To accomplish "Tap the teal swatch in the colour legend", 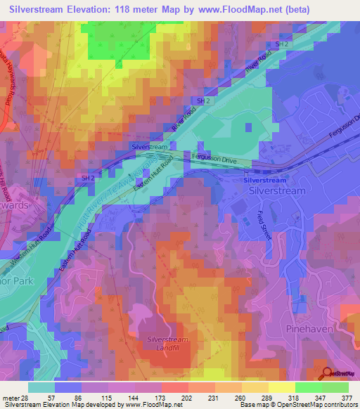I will [x=41, y=387].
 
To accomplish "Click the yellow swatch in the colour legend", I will [x=281, y=387].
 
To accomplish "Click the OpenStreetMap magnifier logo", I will [x=328, y=374].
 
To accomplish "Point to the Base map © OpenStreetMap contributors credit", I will [x=296, y=405].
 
